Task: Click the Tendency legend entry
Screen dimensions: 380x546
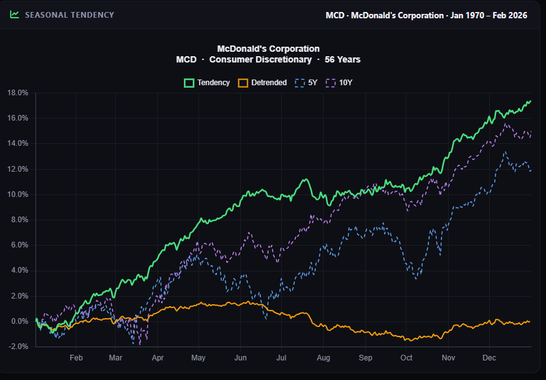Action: (207, 83)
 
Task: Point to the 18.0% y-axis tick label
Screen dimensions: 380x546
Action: (18, 93)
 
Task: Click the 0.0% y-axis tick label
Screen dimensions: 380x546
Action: (20, 321)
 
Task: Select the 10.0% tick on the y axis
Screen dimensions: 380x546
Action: (18, 194)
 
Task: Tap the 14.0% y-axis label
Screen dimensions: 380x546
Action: (18, 143)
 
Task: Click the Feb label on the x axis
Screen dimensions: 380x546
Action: (76, 358)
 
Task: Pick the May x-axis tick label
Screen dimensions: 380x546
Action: (198, 358)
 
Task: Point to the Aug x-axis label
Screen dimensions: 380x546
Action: (323, 358)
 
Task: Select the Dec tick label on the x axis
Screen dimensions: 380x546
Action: (488, 358)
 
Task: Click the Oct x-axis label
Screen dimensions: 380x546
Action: (406, 358)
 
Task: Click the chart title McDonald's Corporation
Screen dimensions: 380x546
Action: (268, 49)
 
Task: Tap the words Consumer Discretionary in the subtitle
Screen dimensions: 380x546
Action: (260, 59)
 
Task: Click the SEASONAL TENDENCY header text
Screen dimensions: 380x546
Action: (70, 15)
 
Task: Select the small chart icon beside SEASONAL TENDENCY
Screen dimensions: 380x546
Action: (15, 15)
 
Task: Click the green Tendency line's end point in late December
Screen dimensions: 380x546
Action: (530, 101)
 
